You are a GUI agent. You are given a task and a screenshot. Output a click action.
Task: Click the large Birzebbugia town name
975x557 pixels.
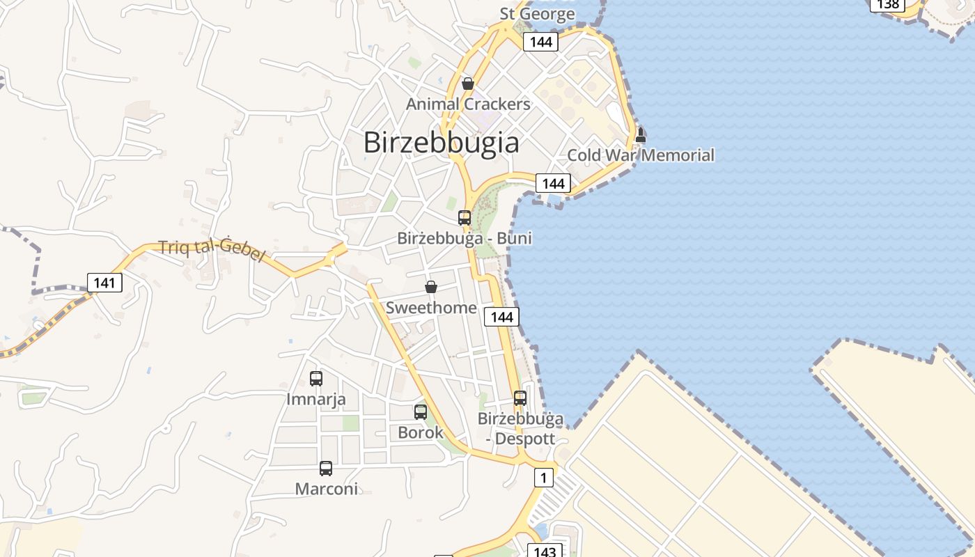point(441,143)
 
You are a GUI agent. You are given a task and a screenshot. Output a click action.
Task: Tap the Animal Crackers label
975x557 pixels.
point(468,104)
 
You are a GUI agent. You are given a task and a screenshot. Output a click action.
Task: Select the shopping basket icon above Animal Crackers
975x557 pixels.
point(468,84)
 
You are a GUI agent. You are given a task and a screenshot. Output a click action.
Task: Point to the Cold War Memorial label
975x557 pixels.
point(641,155)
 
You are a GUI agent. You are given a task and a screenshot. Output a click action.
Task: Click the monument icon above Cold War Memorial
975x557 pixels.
point(641,135)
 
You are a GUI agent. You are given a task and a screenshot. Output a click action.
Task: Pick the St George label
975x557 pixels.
point(537,13)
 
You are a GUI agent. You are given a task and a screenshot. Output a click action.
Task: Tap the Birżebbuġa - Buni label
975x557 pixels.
point(465,238)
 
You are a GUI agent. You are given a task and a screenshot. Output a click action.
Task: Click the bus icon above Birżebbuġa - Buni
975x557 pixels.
point(465,218)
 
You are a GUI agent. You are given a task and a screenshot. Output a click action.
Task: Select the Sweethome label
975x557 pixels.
point(431,307)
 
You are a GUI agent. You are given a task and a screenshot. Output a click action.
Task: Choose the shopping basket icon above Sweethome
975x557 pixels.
point(431,287)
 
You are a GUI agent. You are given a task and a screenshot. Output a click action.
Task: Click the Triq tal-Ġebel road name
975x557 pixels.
point(212,251)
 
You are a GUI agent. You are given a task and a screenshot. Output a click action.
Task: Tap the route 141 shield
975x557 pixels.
point(104,283)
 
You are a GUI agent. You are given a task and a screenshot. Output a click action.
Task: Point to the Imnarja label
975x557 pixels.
point(316,399)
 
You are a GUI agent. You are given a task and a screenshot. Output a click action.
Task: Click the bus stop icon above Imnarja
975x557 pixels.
point(316,379)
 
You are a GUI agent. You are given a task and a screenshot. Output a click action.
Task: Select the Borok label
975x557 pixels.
point(420,432)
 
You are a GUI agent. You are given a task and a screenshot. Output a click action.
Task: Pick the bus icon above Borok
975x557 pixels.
point(420,412)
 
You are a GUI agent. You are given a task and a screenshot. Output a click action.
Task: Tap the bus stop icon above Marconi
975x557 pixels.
point(326,469)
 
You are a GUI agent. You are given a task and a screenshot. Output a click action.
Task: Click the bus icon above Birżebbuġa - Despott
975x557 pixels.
point(520,398)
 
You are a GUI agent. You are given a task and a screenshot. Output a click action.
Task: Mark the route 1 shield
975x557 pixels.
point(544,478)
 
